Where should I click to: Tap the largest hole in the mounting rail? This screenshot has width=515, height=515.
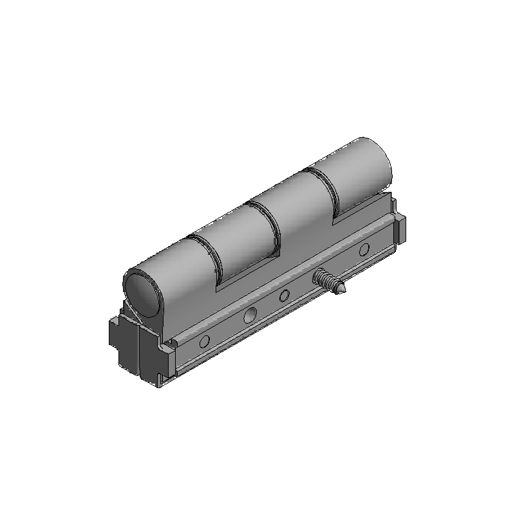click(x=250, y=315)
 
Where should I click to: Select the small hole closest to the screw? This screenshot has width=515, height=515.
click(x=284, y=297)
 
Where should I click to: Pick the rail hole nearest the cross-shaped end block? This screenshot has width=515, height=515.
click(x=204, y=341)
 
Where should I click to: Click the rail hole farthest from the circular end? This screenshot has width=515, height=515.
click(x=364, y=249)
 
